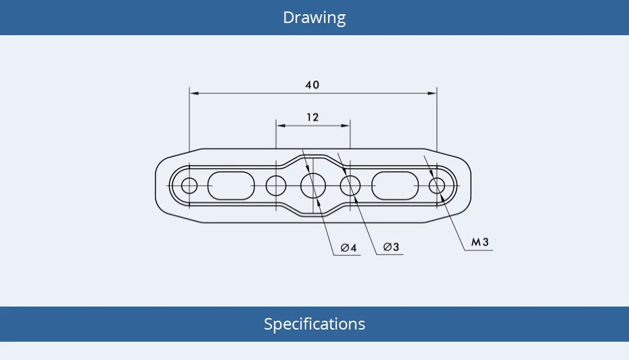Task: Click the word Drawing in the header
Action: click(314, 18)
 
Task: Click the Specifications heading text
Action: click(314, 324)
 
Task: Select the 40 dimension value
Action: click(312, 85)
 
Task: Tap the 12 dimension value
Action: click(312, 118)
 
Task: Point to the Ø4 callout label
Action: click(348, 248)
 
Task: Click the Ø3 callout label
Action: click(391, 247)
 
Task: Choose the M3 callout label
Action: click(480, 242)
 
